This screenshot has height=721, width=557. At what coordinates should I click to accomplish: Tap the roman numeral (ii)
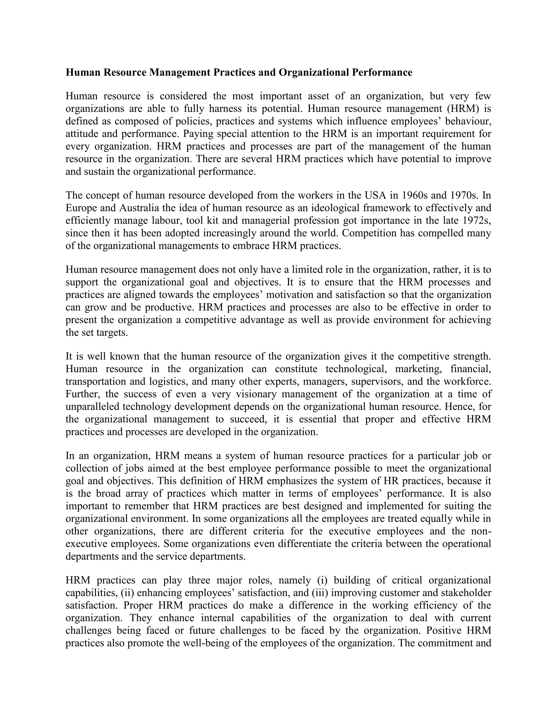pyautogui.click(x=127, y=593)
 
